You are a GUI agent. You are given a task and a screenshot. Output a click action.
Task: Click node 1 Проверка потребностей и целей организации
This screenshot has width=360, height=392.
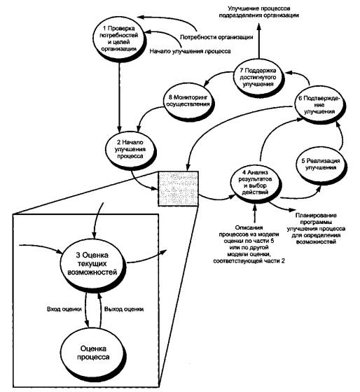(119, 38)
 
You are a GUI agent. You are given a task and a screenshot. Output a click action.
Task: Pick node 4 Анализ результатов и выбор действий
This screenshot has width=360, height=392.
(256, 183)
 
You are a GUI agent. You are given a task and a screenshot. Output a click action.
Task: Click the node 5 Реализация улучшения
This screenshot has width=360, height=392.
(321, 165)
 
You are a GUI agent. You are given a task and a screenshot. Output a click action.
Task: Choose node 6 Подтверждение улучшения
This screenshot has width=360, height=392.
(319, 104)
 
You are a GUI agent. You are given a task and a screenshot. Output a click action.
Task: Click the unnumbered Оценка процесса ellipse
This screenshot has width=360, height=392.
(93, 353)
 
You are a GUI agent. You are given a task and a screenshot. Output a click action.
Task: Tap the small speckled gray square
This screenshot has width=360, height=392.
(178, 188)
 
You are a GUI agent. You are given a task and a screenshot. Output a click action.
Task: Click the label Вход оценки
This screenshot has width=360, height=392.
(64, 309)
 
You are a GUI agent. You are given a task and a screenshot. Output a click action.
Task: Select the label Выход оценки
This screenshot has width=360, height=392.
(124, 309)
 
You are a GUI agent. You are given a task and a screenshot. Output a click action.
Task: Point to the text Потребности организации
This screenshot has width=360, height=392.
(216, 37)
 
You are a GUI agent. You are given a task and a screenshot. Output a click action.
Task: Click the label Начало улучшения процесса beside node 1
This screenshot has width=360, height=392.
(190, 51)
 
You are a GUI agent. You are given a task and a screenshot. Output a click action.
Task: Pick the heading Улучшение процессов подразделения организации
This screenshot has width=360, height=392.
(259, 12)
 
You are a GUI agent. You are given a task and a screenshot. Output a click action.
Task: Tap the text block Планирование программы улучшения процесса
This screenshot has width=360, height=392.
(316, 228)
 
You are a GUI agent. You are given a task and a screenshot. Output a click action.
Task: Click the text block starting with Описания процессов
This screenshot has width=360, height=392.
(249, 244)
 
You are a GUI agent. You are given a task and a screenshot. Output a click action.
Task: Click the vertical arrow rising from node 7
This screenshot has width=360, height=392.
(259, 41)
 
